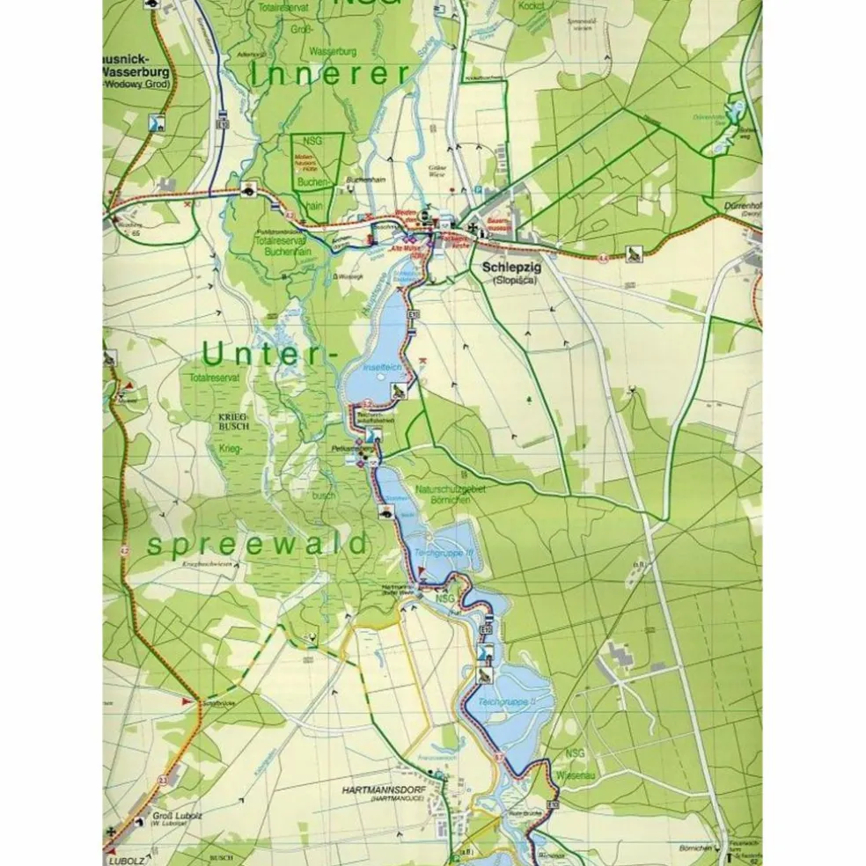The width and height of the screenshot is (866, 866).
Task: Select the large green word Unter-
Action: point(269,354)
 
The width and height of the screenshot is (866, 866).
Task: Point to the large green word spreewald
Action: point(256,545)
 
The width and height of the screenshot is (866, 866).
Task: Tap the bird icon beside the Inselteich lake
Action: point(400,390)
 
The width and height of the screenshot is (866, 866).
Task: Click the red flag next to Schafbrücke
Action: point(187,701)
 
